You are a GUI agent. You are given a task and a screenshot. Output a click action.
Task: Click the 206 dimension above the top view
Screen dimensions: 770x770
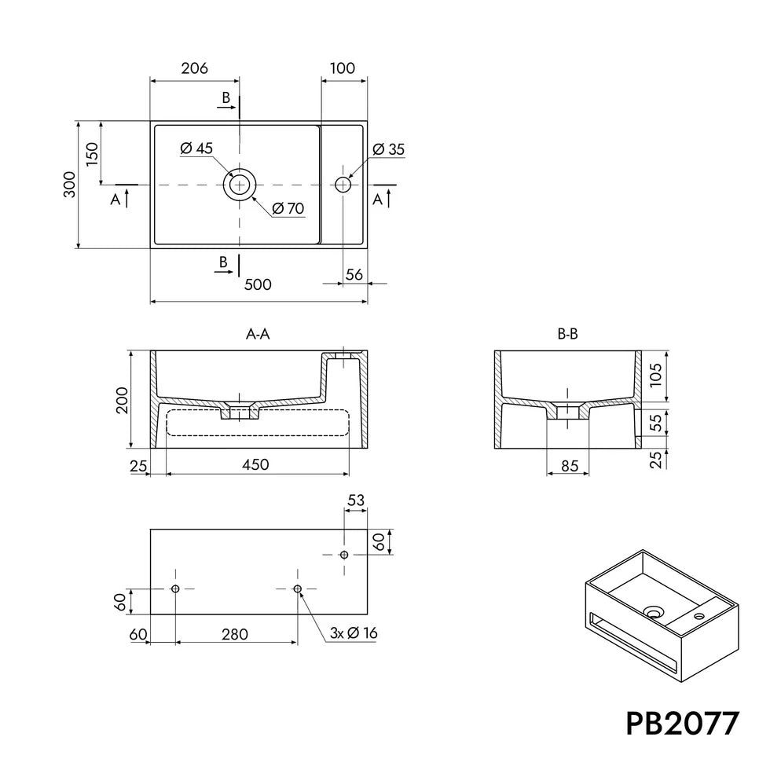(x=195, y=68)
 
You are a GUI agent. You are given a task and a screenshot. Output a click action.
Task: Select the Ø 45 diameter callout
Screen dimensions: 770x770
(x=196, y=148)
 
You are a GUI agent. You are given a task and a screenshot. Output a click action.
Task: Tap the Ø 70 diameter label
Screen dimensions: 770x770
(x=288, y=209)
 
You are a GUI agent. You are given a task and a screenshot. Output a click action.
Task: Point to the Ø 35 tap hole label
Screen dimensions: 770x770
(x=388, y=149)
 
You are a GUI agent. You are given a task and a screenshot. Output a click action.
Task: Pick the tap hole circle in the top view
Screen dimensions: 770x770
(x=343, y=178)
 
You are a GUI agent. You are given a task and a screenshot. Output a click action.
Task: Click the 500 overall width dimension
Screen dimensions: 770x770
(x=258, y=284)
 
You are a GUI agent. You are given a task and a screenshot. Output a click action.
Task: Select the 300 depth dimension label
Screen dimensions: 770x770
(x=70, y=185)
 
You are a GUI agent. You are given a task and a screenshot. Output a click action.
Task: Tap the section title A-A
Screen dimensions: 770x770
(x=258, y=335)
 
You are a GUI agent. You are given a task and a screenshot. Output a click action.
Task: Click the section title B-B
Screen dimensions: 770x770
(x=567, y=335)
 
